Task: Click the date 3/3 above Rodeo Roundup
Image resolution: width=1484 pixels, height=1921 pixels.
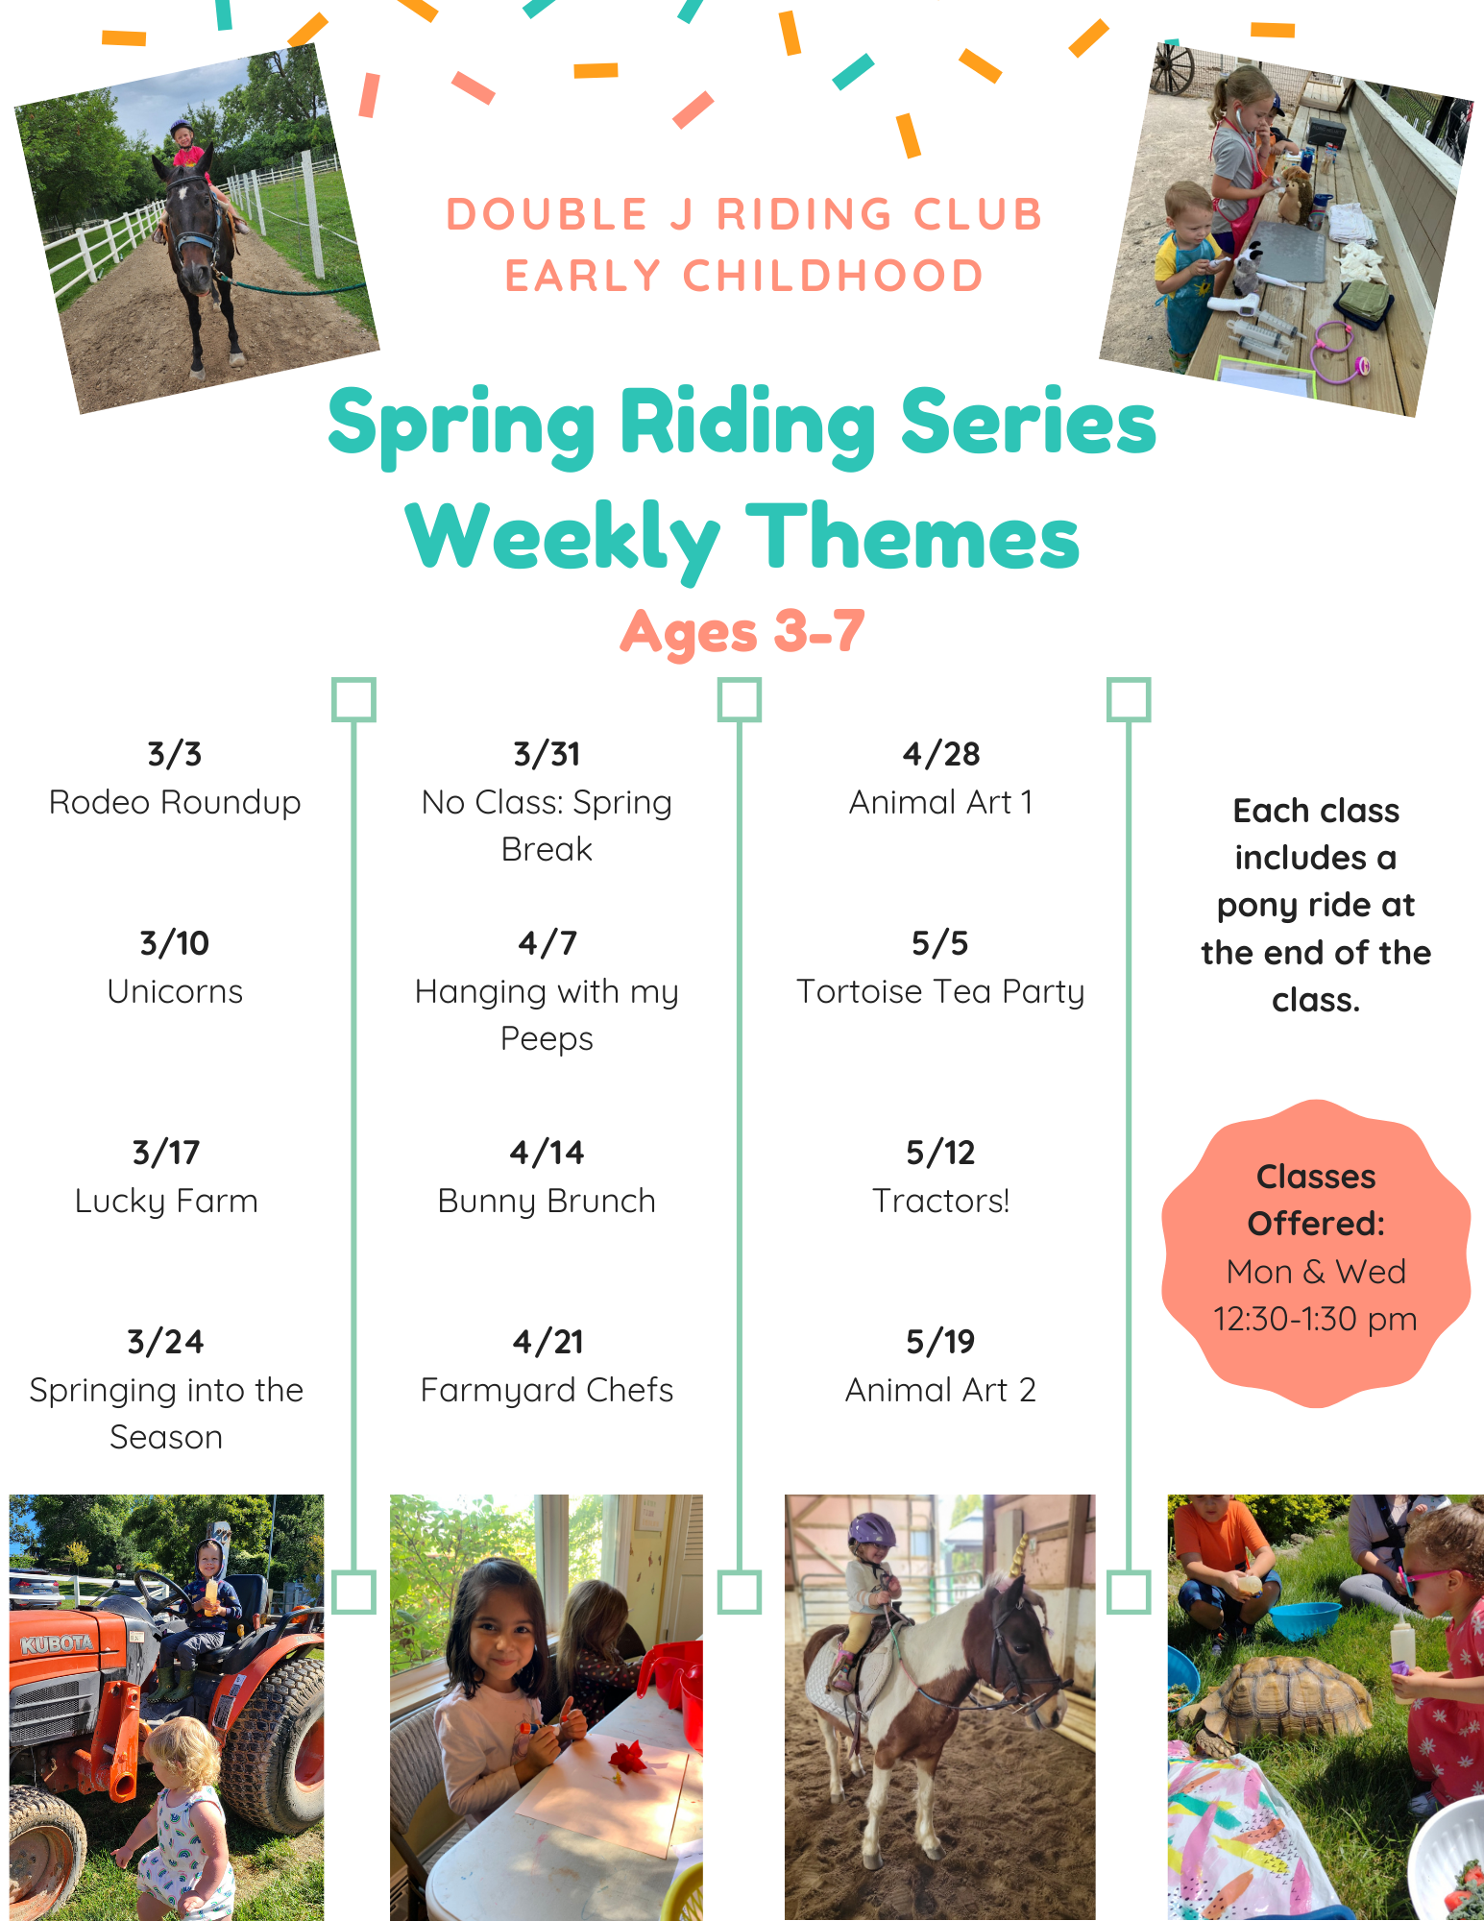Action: tap(174, 754)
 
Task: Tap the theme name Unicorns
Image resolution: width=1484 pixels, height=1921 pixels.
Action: tap(175, 991)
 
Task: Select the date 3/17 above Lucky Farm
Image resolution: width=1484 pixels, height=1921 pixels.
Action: tap(166, 1153)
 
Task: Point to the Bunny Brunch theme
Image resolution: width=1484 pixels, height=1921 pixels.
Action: tap(547, 1202)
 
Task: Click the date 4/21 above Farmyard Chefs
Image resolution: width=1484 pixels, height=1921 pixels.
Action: tap(547, 1342)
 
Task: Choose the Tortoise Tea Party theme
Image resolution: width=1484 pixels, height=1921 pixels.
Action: tap(940, 992)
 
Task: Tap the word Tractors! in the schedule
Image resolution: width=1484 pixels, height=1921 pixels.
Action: tap(940, 1201)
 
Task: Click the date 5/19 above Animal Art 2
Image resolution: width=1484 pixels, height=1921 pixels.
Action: tap(940, 1342)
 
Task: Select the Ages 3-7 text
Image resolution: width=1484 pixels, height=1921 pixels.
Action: tap(742, 632)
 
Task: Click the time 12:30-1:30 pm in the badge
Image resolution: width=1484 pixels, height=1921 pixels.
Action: tap(1315, 1320)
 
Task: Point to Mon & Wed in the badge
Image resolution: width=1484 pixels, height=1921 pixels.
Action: tap(1316, 1272)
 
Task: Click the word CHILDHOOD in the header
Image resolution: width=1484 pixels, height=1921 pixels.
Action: tap(834, 277)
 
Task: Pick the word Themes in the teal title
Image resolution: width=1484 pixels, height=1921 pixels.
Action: tap(912, 538)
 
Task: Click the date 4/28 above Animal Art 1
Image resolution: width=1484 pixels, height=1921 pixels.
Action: tap(940, 754)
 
